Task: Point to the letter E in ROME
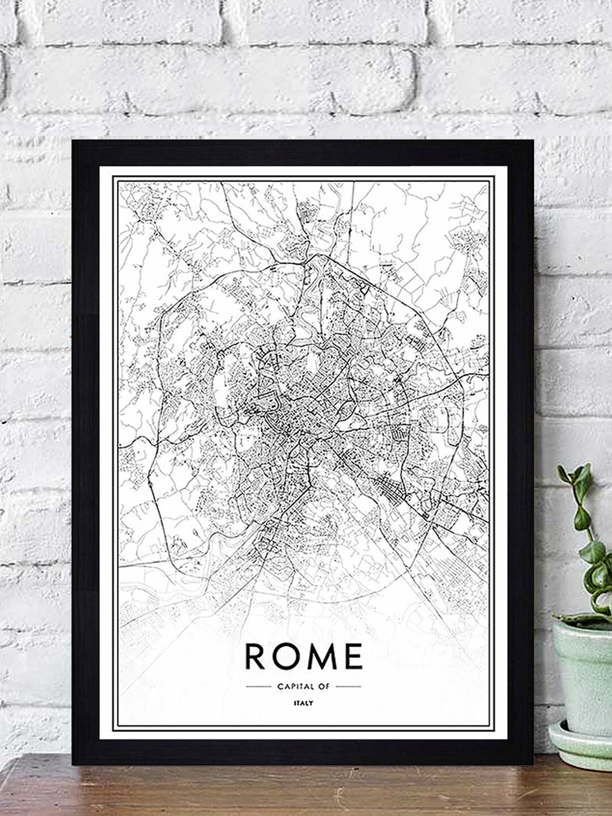pos(352,656)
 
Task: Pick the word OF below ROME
pos(324,686)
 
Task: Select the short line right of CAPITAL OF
pos(348,686)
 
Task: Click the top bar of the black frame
pos(303,153)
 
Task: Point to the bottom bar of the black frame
pos(303,753)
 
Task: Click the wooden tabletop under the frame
pos(283,790)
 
